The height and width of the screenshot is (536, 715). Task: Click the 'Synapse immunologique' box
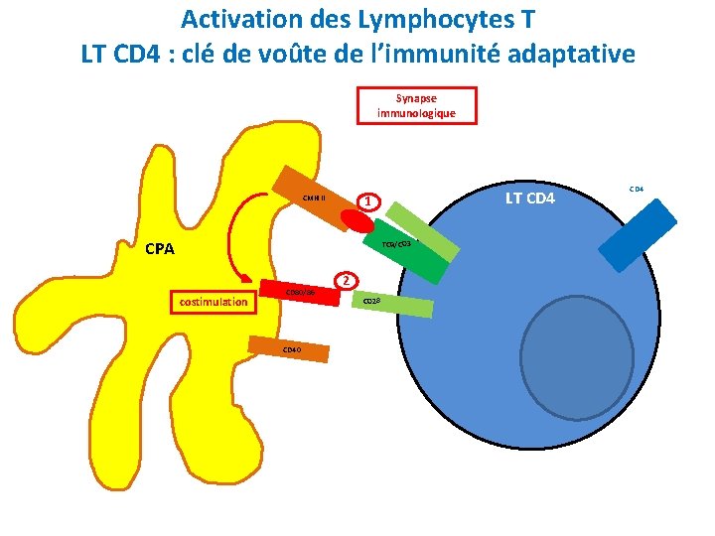click(x=416, y=105)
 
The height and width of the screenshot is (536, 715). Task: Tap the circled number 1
click(x=367, y=201)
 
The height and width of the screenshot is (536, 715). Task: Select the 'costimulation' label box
click(x=210, y=301)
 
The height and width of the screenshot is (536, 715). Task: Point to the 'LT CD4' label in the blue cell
click(x=532, y=200)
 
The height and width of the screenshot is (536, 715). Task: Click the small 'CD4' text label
click(x=637, y=187)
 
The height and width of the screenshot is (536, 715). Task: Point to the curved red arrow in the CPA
click(x=232, y=238)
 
